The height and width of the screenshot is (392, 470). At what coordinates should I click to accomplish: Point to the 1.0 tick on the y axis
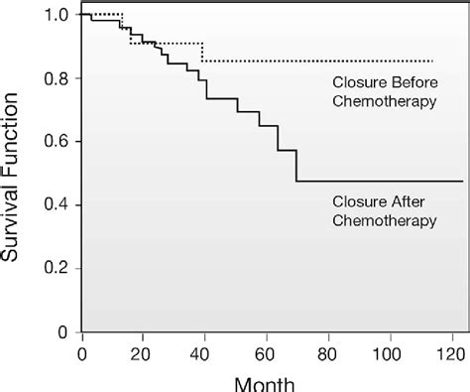click(x=58, y=15)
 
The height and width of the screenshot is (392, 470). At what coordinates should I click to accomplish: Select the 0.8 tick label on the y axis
click(x=58, y=78)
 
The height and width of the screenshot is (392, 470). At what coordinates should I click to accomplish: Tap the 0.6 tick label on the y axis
click(x=58, y=142)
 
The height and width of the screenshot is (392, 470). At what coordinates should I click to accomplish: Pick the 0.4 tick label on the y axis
click(x=58, y=205)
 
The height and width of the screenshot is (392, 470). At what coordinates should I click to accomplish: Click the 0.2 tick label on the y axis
click(x=58, y=268)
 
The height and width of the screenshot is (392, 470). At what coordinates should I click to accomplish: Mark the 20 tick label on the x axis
click(x=143, y=350)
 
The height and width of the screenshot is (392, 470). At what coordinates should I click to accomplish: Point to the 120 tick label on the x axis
click(x=454, y=350)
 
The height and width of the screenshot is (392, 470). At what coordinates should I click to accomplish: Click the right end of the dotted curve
click(x=432, y=61)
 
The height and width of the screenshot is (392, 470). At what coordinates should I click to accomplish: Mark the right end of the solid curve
click(x=462, y=181)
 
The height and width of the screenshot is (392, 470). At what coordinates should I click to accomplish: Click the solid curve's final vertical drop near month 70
click(x=296, y=166)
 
